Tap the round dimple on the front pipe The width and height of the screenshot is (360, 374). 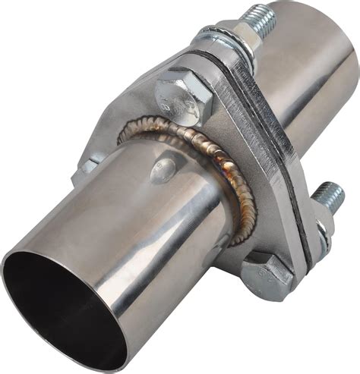coord(163,171)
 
